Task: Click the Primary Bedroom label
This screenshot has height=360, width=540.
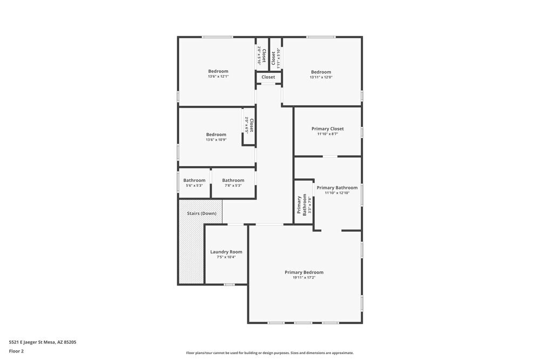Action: coord(304,273)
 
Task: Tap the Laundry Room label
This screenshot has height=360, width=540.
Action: coord(226,252)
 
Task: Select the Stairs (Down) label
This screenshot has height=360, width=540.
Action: coord(201,214)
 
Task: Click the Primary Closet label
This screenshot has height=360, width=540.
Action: coord(328,129)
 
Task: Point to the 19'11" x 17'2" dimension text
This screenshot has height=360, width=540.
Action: coord(304,278)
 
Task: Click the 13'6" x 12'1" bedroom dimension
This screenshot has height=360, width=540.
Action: coord(218,77)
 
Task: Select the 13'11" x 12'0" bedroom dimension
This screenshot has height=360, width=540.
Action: coord(321,77)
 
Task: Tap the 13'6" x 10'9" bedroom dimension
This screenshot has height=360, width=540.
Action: coord(216,140)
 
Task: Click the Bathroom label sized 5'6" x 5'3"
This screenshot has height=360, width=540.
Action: coord(194,180)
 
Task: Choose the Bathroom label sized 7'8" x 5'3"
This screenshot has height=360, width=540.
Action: coord(233,180)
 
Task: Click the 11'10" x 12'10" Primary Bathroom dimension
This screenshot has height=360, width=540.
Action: coord(337,193)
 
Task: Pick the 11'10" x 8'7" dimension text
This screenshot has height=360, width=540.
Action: coord(328,134)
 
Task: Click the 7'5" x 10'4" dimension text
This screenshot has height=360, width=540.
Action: coord(226,257)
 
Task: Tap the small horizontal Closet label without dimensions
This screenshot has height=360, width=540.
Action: coord(268,77)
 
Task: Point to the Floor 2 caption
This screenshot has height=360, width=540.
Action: coord(16,351)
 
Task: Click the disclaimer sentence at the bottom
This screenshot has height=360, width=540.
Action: coord(270,353)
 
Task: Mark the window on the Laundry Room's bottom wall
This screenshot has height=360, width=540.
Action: coord(230,284)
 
